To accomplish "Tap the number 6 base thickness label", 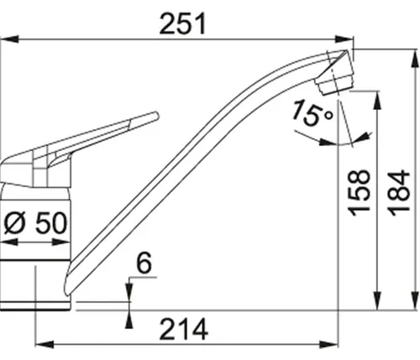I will pyautogui.click(x=142, y=264).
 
